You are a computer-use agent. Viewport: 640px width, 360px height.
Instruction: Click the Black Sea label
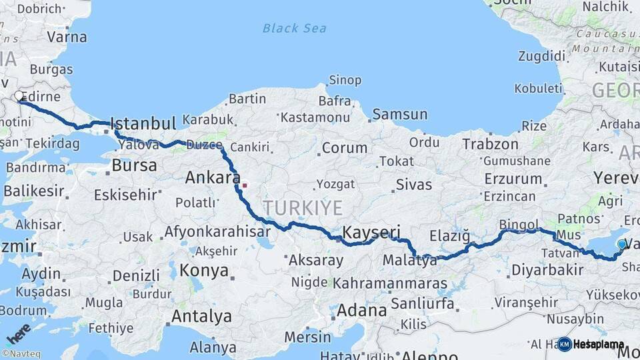[295, 28]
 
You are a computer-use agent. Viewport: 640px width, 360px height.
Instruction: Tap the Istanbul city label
[143, 123]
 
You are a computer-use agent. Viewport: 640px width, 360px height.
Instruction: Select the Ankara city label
[212, 178]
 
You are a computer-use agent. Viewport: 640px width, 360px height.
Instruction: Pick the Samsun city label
[399, 114]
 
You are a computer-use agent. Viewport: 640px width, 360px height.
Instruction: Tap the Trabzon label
[490, 144]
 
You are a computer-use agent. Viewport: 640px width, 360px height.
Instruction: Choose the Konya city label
[205, 271]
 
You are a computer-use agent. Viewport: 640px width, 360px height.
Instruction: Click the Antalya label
[201, 316]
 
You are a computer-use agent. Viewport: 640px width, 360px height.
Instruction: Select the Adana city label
[361, 310]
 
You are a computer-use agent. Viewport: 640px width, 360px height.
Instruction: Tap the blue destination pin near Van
[621, 245]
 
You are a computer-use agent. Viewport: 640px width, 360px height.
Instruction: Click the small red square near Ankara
[245, 185]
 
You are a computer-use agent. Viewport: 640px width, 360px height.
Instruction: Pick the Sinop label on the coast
[345, 80]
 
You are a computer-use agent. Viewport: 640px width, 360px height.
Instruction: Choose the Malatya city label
[410, 261]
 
